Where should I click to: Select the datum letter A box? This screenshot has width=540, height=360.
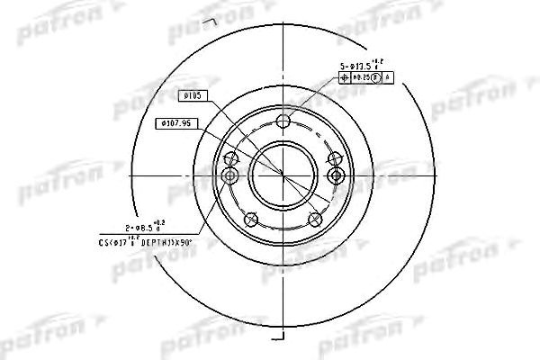tap(388, 77)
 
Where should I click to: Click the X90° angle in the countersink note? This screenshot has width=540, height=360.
tap(184, 241)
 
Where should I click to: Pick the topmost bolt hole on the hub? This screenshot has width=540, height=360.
tap(283, 121)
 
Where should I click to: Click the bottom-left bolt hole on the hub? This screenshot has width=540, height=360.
tap(251, 220)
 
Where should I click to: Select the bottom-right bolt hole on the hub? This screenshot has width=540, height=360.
tap(315, 220)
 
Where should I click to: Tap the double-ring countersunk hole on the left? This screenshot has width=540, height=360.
tap(230, 174)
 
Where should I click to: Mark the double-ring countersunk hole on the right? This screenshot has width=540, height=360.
tap(337, 174)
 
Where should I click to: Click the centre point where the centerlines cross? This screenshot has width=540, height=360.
tap(283, 174)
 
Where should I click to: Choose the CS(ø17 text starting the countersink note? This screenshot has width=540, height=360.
tap(114, 241)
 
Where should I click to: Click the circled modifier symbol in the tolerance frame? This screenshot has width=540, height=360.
tap(376, 77)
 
